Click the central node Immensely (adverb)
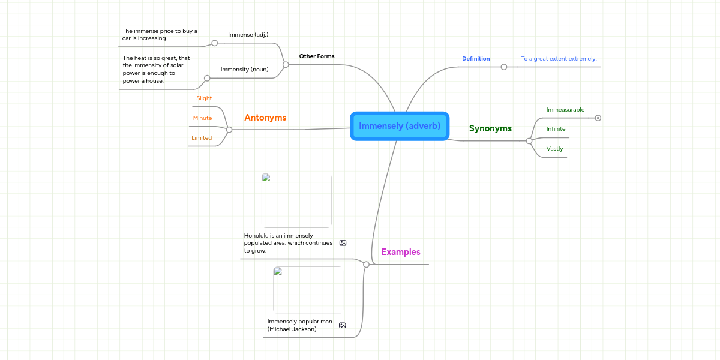(x=400, y=126)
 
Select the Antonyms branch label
(x=265, y=118)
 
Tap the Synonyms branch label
(x=490, y=128)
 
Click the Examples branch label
(x=401, y=252)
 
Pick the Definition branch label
(x=476, y=59)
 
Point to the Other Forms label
(x=317, y=56)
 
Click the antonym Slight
(x=204, y=98)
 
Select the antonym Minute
(x=202, y=118)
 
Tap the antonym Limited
(x=202, y=138)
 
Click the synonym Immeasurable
(x=565, y=110)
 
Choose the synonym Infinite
(x=556, y=129)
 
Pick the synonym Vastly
(x=554, y=149)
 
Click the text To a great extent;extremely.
(x=559, y=59)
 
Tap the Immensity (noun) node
(x=244, y=70)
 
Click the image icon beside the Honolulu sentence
(x=343, y=243)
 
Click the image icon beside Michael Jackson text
(x=343, y=325)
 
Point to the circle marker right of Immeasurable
(x=598, y=118)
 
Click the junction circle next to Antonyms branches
(x=229, y=130)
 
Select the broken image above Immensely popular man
(x=308, y=290)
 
